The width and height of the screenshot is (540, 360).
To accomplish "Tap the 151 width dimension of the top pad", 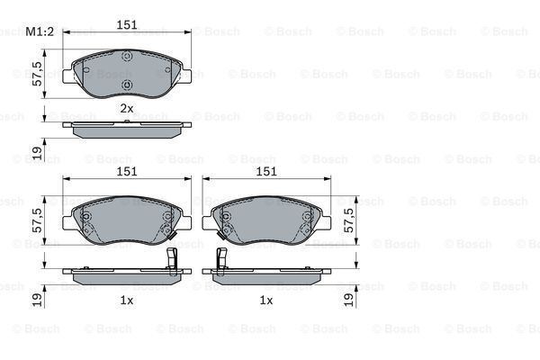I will [127, 25].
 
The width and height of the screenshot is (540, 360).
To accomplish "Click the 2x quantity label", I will [127, 108].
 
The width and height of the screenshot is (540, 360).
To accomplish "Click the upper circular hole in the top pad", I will [127, 58].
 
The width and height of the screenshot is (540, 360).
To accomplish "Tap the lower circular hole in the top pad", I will [127, 86].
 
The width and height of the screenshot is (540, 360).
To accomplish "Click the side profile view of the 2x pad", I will [126, 128].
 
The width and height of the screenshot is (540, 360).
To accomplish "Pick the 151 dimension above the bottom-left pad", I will [127, 171].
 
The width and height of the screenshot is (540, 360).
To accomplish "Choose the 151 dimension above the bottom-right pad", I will [266, 171].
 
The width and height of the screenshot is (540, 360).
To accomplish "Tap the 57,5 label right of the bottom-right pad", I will [350, 220].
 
